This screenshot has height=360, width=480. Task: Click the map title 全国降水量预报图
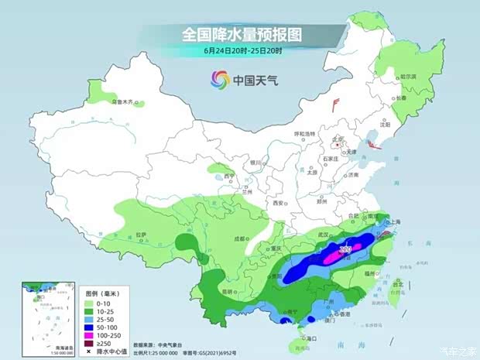240,34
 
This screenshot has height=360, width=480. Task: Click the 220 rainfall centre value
346,249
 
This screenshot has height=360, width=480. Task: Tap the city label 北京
337,140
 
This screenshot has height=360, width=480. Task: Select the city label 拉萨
140,233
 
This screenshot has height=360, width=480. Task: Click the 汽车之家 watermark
457,351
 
